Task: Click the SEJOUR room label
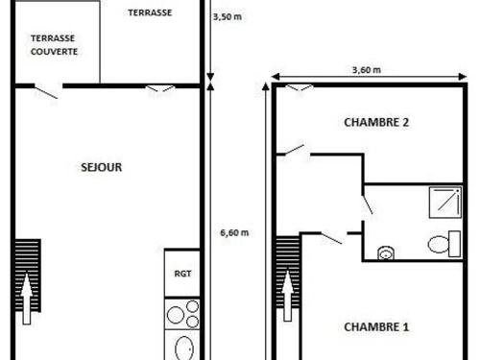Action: pyautogui.click(x=102, y=167)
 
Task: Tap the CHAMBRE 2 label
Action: pyautogui.click(x=376, y=122)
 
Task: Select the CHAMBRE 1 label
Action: pyautogui.click(x=376, y=327)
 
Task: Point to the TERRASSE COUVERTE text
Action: pyautogui.click(x=54, y=45)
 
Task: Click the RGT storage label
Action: pyautogui.click(x=182, y=274)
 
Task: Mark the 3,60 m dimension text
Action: pyautogui.click(x=367, y=70)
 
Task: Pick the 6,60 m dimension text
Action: pyautogui.click(x=234, y=232)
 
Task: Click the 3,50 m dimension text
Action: pyautogui.click(x=228, y=16)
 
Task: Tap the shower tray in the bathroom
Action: pyautogui.click(x=445, y=203)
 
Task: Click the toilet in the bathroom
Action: pyautogui.click(x=444, y=244)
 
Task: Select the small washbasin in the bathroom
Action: pyautogui.click(x=386, y=252)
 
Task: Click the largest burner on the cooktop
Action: pyautogui.click(x=176, y=315)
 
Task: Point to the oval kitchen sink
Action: pyautogui.click(x=184, y=348)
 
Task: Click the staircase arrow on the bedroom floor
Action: pyautogui.click(x=288, y=295)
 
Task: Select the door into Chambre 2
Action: pyautogui.click(x=295, y=150)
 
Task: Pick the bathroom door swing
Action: pyautogui.click(x=367, y=204)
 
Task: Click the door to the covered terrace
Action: pyautogui.click(x=46, y=92)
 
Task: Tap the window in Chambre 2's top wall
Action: pyautogui.click(x=299, y=87)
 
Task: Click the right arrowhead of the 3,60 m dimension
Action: pyautogui.click(x=463, y=77)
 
